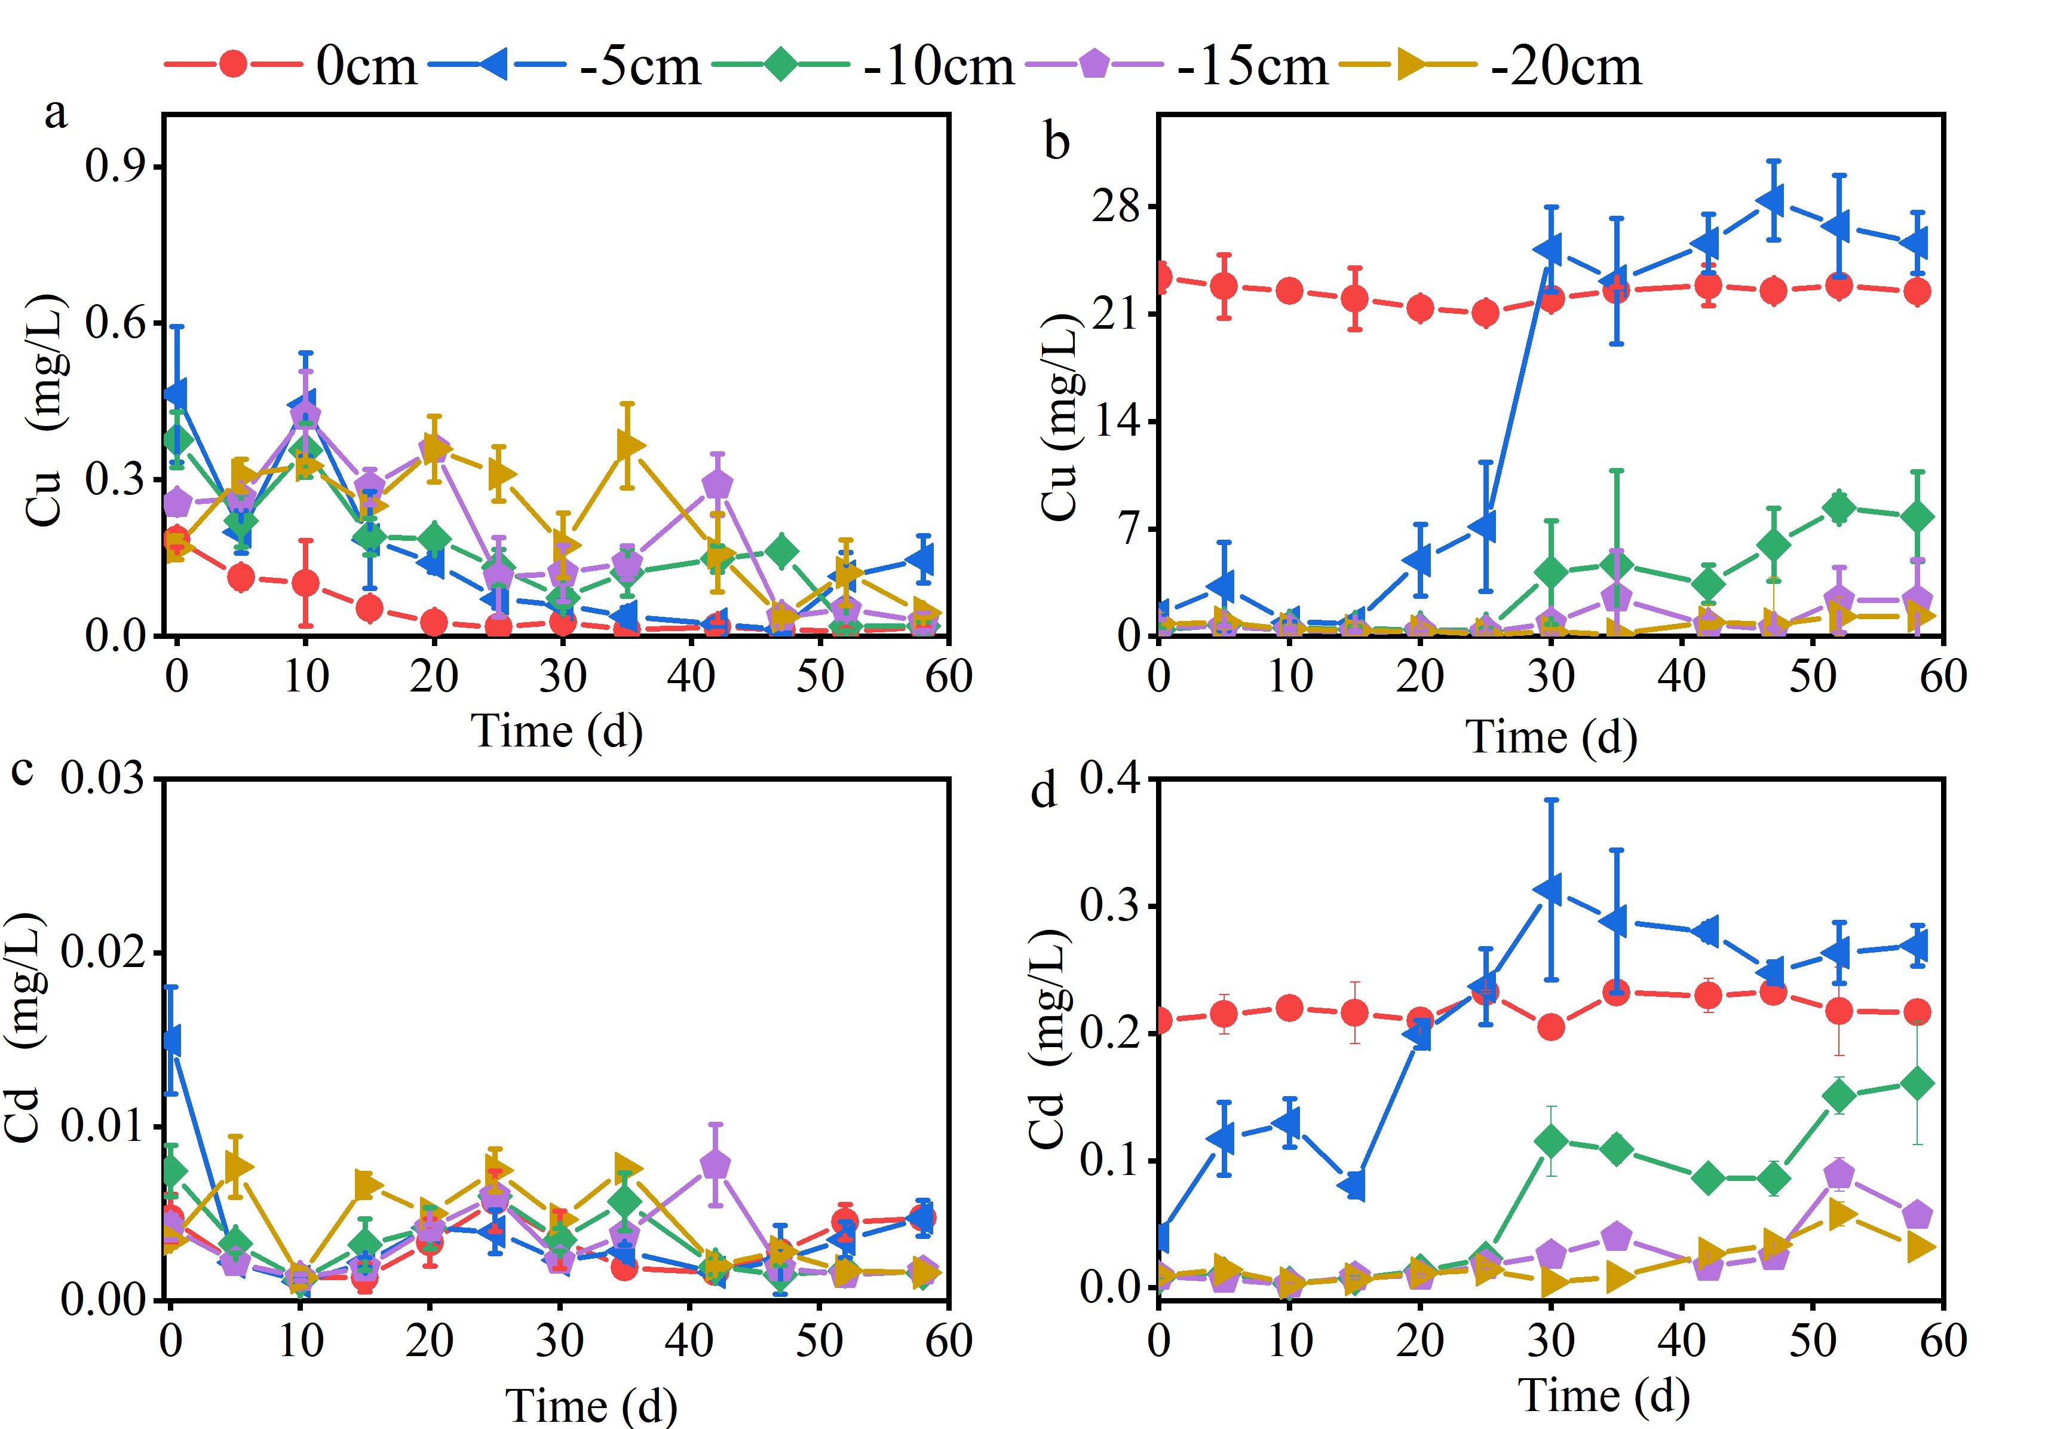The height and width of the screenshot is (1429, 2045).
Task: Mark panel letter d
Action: point(1043,790)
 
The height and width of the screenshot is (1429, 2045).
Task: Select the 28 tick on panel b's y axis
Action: point(1119,207)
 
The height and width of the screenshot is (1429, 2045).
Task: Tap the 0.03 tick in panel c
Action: point(102,779)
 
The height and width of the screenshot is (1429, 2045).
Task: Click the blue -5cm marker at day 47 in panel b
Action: point(1773,200)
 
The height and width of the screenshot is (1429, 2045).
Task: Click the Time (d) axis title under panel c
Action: point(591,1406)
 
